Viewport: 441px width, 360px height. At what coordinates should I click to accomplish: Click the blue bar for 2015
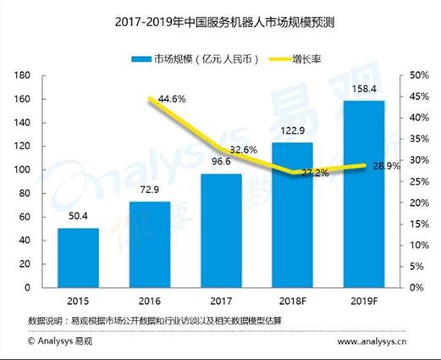pyautogui.click(x=78, y=258)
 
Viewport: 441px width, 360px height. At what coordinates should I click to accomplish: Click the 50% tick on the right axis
pyautogui.click(x=417, y=75)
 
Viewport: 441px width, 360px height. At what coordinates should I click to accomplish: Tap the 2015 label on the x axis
pyautogui.click(x=78, y=302)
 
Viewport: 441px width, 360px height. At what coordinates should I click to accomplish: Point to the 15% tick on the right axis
pyautogui.click(x=417, y=224)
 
